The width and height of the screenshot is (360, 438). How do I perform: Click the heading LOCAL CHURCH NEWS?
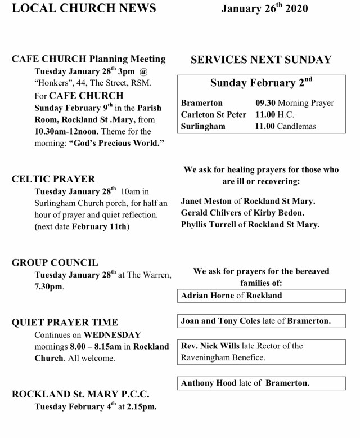(78, 8)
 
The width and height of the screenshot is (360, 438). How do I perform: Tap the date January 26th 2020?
(264, 9)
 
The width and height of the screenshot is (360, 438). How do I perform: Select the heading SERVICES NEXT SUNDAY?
(261, 60)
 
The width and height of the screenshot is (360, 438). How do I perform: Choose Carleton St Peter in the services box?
(214, 114)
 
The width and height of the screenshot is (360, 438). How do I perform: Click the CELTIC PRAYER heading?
(53, 179)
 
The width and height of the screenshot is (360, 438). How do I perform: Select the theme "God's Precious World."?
(116, 143)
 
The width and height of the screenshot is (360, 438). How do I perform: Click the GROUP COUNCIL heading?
(55, 262)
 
